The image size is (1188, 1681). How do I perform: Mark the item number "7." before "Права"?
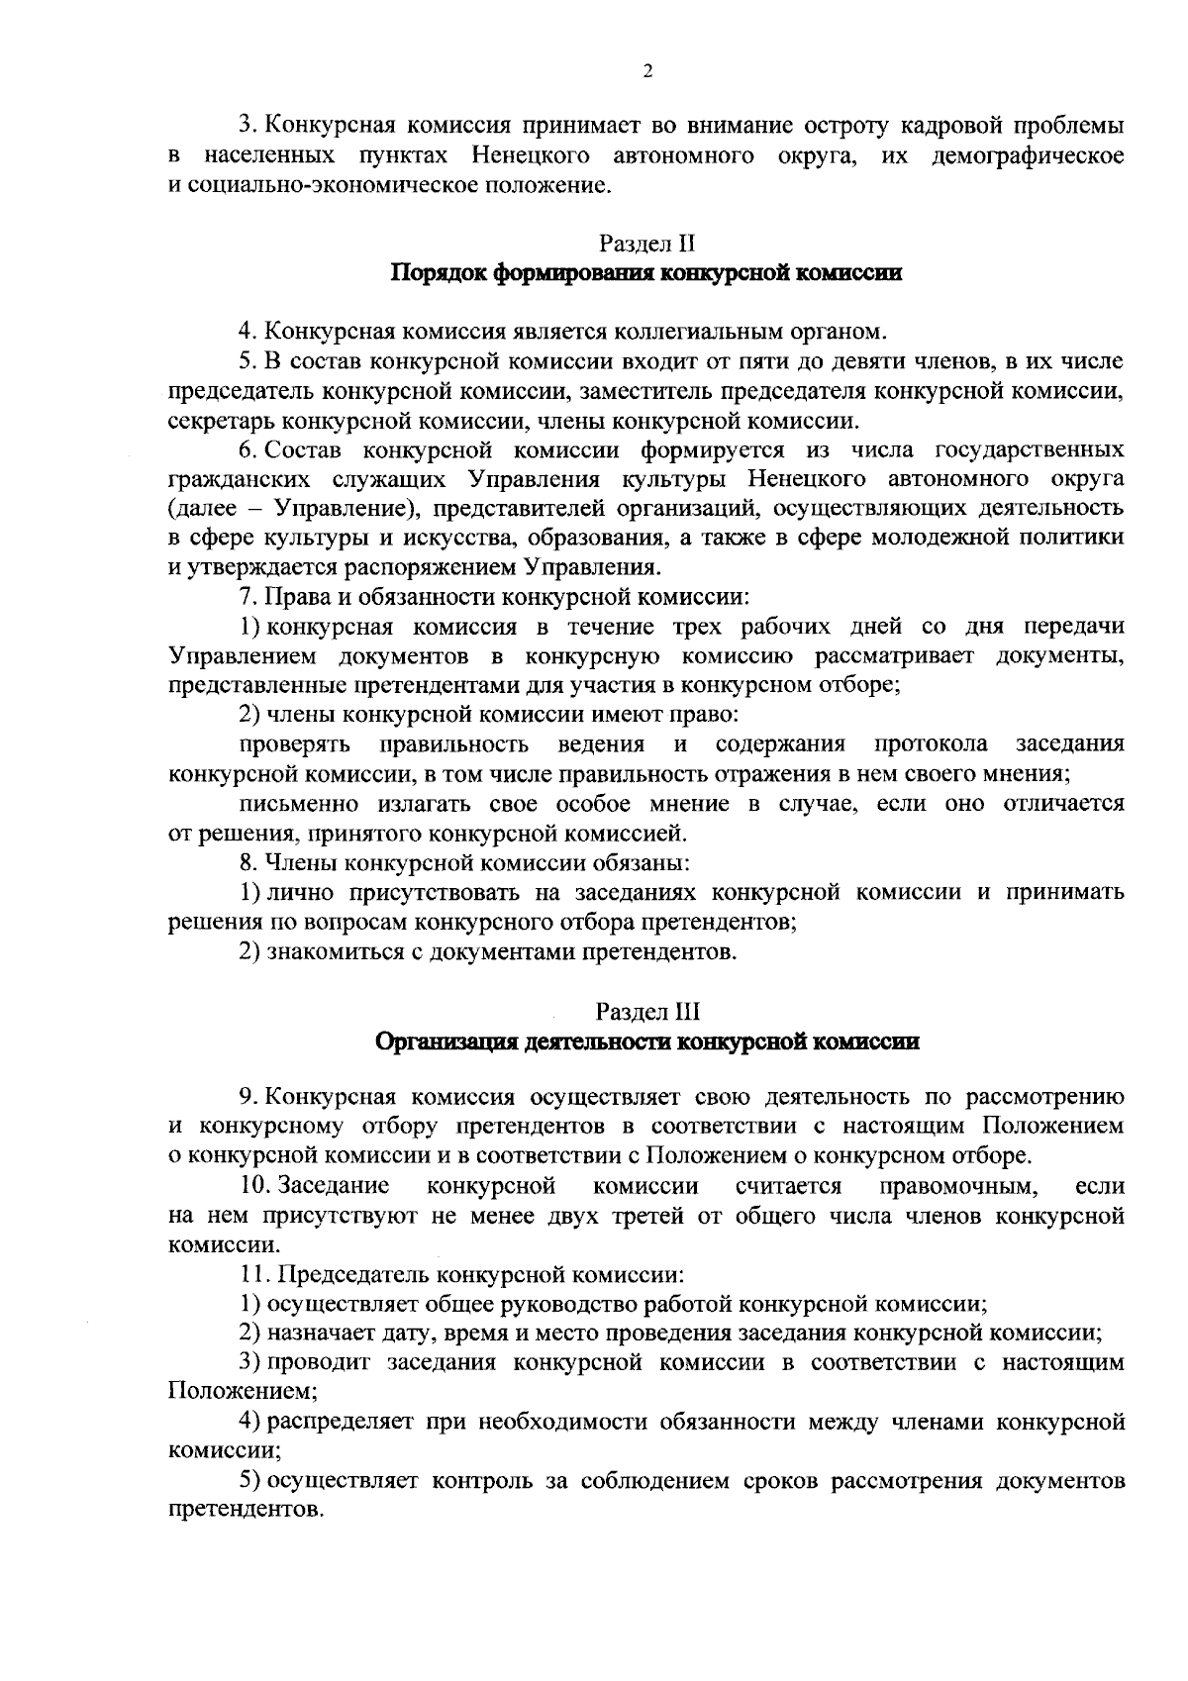[x=248, y=597]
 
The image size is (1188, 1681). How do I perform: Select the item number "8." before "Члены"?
[x=249, y=862]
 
